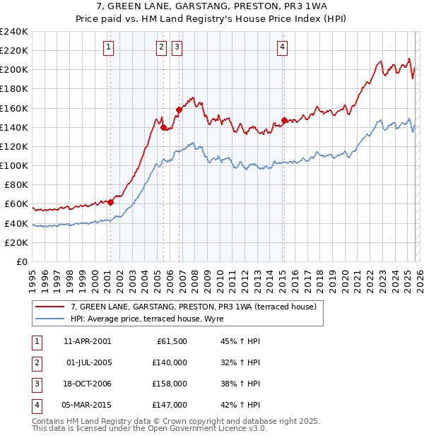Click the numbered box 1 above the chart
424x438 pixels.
tap(109, 47)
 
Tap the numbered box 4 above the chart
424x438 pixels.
tap(282, 47)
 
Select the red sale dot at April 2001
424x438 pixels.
tap(110, 202)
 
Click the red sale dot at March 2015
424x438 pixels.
tap(284, 120)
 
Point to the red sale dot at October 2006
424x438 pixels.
tap(179, 109)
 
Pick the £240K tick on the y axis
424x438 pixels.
tap(14, 32)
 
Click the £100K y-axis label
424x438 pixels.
tap(14, 165)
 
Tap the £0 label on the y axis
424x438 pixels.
tap(21, 261)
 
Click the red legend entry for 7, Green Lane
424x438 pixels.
tap(198, 307)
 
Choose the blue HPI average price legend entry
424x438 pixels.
tap(147, 319)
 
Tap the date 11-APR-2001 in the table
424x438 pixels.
tap(87, 341)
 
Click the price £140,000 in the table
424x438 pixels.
tap(169, 362)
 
